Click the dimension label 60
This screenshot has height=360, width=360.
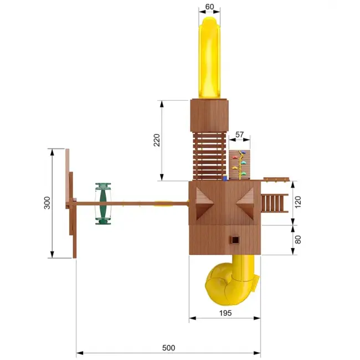point(209,7)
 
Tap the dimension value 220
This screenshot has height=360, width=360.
point(157,140)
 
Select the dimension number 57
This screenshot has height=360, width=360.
point(239,135)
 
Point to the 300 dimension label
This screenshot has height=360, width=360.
point(47,203)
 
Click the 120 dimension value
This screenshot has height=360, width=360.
point(298,202)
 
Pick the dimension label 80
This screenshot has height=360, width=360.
point(298,240)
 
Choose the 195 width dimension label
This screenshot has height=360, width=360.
point(225,313)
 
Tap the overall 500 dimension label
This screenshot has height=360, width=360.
point(168,348)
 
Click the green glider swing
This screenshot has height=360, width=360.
point(103,204)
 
